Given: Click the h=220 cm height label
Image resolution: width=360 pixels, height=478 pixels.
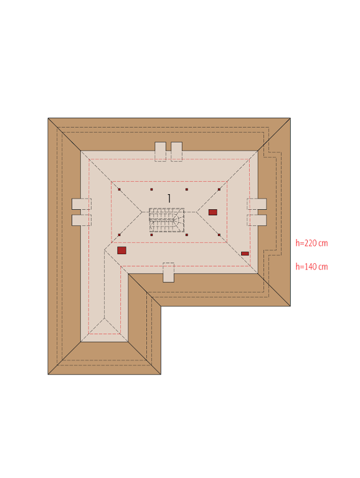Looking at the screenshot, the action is (311, 243).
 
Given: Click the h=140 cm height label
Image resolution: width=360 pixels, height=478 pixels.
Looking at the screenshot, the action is (311, 267).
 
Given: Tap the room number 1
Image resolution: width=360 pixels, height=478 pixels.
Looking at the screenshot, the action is (169, 199).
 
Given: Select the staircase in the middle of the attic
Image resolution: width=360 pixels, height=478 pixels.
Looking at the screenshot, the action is (166, 220).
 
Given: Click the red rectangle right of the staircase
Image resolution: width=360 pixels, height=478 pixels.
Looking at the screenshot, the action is (212, 212).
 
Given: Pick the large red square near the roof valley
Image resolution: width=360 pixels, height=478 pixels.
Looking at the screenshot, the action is (121, 250).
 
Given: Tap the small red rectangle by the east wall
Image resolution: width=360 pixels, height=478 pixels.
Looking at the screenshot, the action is (245, 253).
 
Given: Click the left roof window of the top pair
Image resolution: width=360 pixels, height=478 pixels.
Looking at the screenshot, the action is (160, 151).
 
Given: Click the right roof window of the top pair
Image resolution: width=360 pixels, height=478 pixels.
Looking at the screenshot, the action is (176, 151).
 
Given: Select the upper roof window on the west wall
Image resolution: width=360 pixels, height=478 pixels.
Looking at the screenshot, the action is (82, 204).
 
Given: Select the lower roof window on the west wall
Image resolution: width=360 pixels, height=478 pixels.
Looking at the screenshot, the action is (82, 220).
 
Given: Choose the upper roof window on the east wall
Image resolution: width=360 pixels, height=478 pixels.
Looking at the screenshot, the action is (257, 204).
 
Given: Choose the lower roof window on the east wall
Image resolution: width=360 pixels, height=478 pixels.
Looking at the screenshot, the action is (257, 220).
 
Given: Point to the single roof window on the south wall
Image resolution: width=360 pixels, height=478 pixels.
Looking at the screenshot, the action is (168, 273).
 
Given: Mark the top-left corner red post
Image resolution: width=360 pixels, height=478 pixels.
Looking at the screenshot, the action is (120, 189).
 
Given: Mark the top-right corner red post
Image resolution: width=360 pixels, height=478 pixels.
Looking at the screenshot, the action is (219, 189).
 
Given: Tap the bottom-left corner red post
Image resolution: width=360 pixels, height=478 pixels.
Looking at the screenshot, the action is (120, 235).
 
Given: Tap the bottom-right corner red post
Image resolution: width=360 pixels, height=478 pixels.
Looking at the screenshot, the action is (219, 235).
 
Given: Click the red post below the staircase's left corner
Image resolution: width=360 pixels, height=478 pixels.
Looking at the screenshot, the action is (151, 235).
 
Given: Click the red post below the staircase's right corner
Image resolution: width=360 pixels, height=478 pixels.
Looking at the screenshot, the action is (187, 235).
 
